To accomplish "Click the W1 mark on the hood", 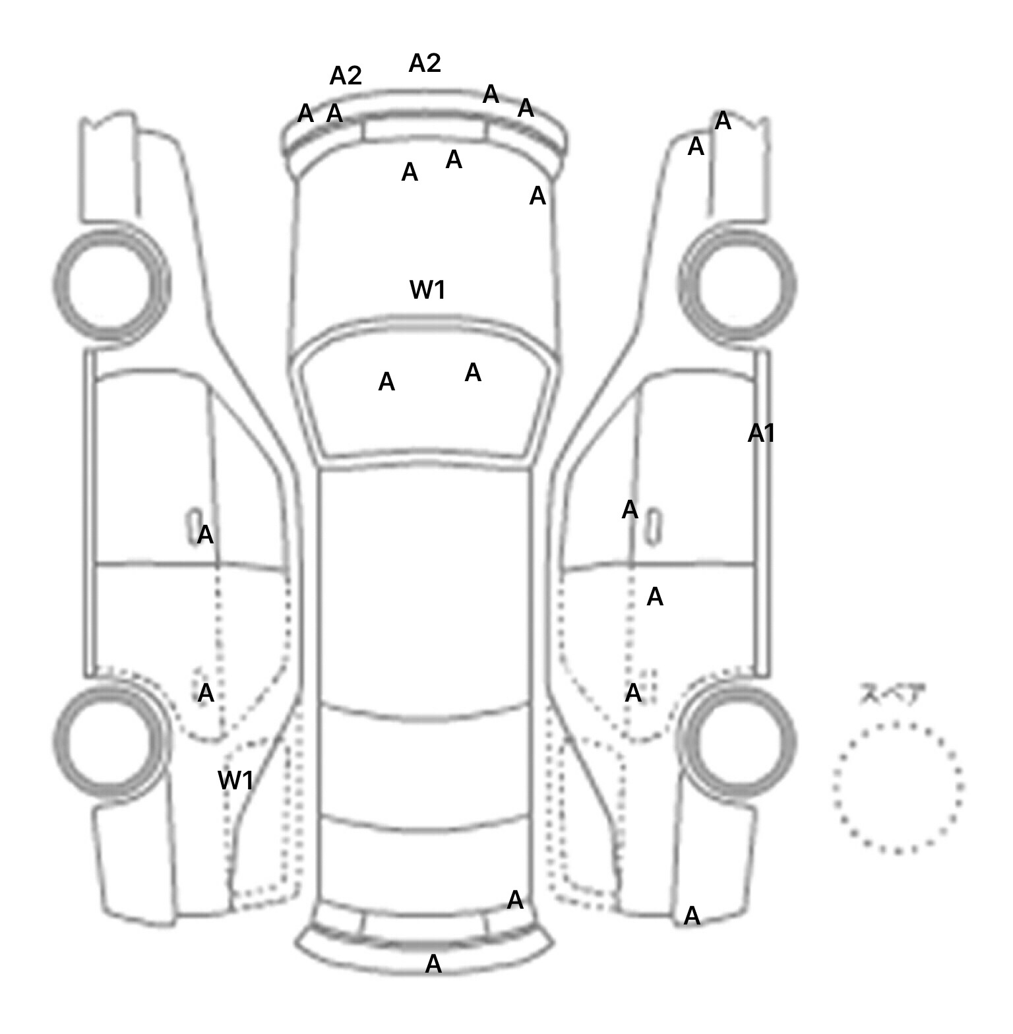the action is (427, 289).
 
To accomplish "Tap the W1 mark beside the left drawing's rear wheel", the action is (235, 781).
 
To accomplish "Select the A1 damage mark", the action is (761, 433).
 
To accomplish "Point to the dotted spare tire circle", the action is (898, 787).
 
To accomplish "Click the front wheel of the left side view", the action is (111, 284).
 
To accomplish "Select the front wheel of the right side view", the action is (737, 284).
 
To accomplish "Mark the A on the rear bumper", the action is (433, 964).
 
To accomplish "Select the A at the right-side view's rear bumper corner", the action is (692, 915).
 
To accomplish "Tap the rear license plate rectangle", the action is (424, 924).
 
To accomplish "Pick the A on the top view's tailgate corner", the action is (515, 899).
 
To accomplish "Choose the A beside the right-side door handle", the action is (630, 509).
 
